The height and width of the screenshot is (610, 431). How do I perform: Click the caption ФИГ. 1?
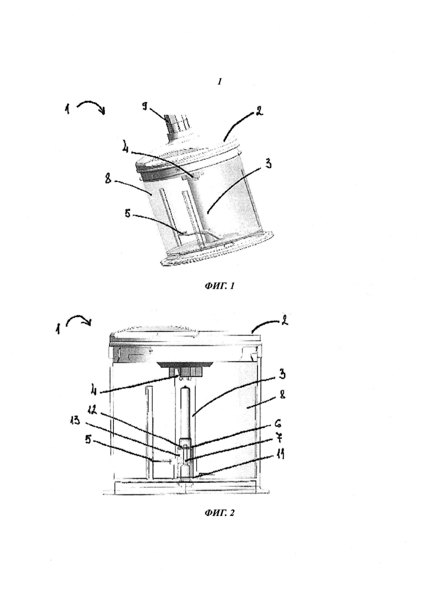point(219,286)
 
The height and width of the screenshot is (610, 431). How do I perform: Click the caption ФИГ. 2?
point(219,513)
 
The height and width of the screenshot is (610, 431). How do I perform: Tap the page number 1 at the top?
point(219,81)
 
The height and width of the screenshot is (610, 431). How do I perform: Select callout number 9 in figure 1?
point(145,106)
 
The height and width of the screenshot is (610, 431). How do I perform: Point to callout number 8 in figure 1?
point(108,179)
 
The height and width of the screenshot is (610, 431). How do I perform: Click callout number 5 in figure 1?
point(128,213)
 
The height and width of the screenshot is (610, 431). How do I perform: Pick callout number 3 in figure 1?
point(268,163)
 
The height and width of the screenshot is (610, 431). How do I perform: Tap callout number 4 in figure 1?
point(125,149)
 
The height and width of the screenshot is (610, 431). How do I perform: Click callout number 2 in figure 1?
point(259,111)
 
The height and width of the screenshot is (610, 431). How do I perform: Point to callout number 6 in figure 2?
point(278,424)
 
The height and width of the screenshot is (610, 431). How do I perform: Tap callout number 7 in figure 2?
point(278,437)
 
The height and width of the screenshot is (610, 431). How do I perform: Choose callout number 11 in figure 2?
point(280,453)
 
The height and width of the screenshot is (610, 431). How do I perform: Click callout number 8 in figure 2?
point(282,394)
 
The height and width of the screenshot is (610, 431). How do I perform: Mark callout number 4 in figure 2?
point(94,387)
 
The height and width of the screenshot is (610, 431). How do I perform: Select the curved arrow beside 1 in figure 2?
point(79,320)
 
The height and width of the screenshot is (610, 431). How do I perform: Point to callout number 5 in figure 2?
point(89,440)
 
